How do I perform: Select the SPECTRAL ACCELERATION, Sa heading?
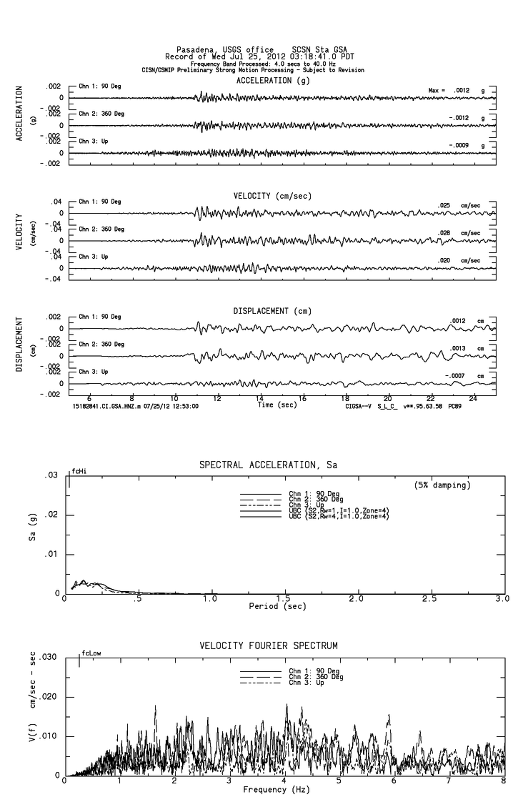(268, 465)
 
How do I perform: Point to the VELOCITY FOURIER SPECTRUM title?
(268, 645)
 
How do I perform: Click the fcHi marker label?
(79, 472)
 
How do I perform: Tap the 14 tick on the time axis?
(259, 397)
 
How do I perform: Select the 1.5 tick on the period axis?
(284, 599)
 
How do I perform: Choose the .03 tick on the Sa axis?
(51, 475)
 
